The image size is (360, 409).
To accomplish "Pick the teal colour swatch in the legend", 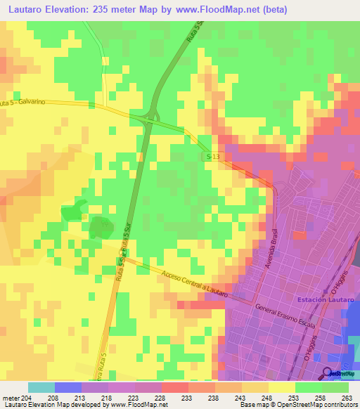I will click(41, 387).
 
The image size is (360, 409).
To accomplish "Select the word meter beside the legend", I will click(11, 397).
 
